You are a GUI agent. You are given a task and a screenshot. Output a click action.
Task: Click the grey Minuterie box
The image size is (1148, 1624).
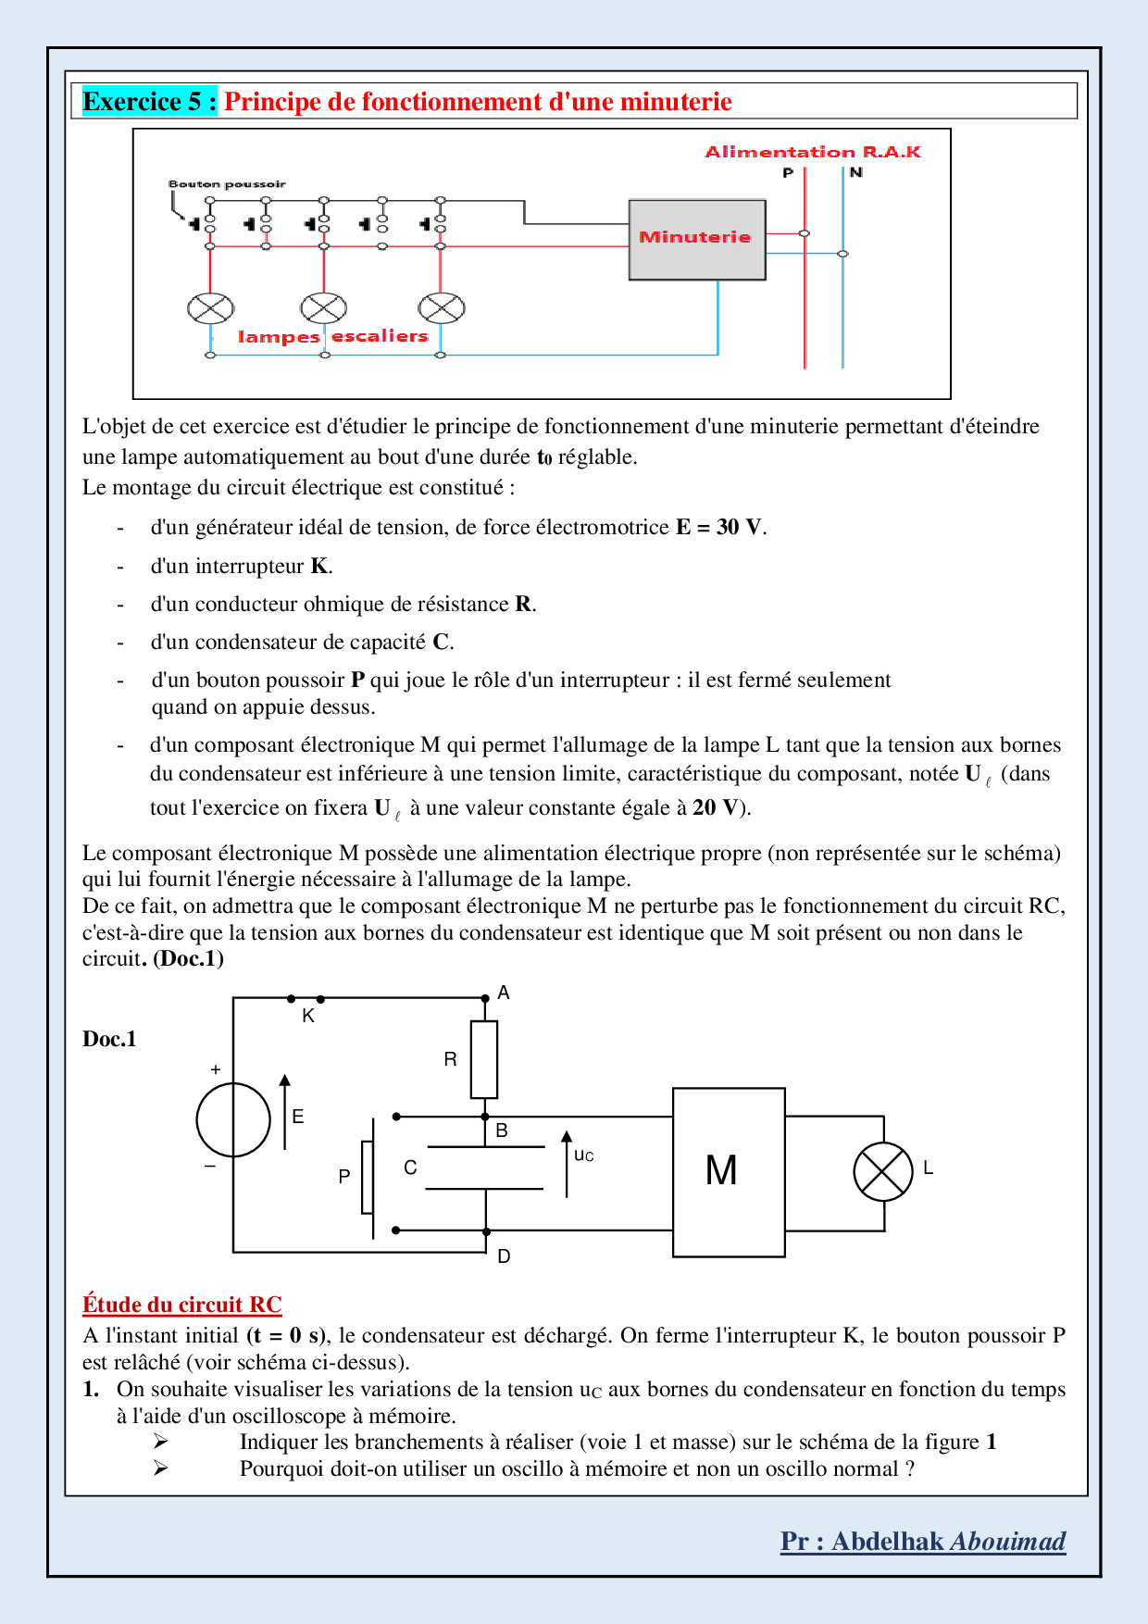[x=696, y=239]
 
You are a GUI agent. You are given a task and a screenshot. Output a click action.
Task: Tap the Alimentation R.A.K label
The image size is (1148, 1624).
[x=812, y=152]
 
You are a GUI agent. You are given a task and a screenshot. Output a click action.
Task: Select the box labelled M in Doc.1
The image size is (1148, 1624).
[x=728, y=1171]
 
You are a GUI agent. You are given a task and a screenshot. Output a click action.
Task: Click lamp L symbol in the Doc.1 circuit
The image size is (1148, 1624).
[x=883, y=1171]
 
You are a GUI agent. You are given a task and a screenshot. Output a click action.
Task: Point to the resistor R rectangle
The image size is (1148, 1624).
[x=484, y=1059]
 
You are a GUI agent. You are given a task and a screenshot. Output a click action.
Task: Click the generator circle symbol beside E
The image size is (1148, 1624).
[x=233, y=1119]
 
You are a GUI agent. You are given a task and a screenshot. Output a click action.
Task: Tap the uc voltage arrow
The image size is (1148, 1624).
[x=567, y=1164]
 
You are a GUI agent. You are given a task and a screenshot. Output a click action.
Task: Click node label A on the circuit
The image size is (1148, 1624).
[x=504, y=993]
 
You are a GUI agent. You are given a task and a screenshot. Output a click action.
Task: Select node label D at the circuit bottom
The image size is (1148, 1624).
[x=504, y=1256]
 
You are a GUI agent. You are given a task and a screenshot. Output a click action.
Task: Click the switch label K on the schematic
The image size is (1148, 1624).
[x=308, y=1016]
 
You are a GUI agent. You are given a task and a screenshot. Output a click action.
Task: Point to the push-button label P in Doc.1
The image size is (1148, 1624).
[x=344, y=1176]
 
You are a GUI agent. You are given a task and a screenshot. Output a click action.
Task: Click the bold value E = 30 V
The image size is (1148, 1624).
[x=719, y=528]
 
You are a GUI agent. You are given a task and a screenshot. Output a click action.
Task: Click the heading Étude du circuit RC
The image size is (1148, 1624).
[x=181, y=1305]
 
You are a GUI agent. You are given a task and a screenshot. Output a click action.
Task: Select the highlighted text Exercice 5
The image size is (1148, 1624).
[x=149, y=102]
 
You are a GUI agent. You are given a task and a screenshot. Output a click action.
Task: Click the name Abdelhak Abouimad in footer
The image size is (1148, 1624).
[x=948, y=1542]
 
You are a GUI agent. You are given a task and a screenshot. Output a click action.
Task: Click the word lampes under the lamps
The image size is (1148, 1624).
[x=279, y=337]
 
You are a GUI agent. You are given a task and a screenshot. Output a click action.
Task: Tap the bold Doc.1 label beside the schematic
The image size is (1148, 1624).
[x=109, y=1039]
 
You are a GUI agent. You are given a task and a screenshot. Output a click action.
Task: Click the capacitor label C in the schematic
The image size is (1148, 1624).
[x=410, y=1168]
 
